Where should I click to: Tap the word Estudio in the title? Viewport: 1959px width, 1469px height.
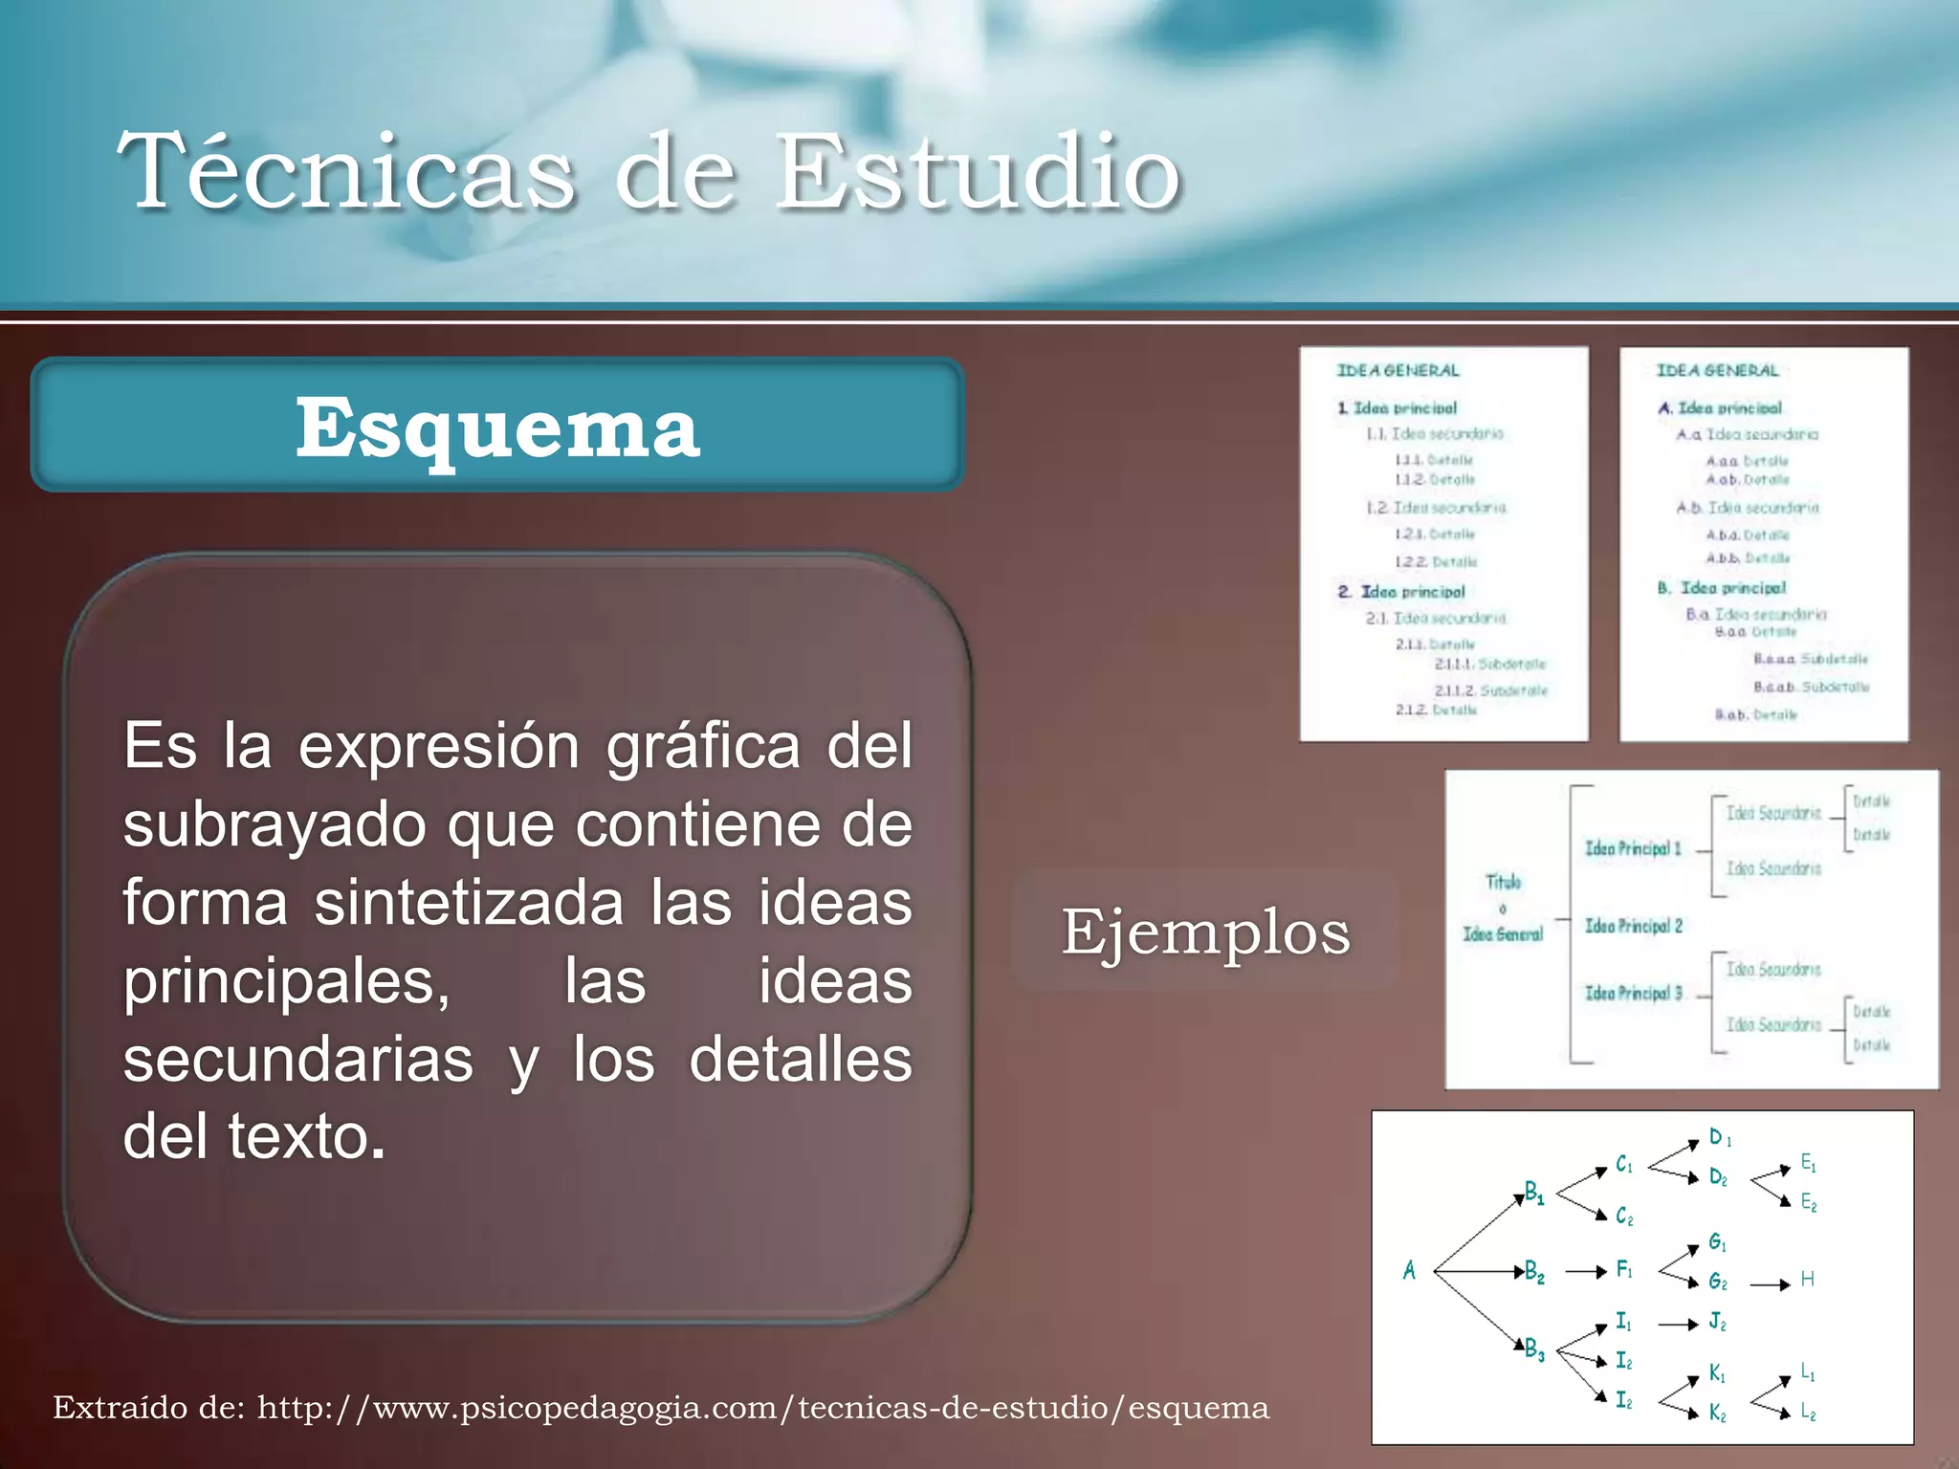click(978, 172)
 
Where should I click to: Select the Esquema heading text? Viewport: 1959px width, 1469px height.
click(497, 428)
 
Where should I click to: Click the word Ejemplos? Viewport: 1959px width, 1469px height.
click(1205, 932)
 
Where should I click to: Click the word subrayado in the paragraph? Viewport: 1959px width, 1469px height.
click(274, 824)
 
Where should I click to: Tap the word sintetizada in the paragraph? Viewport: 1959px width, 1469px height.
click(469, 903)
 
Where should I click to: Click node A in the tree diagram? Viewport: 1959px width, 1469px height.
click(1409, 1270)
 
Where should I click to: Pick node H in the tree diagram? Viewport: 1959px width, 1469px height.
click(1807, 1279)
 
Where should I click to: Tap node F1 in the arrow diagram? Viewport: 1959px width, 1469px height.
click(1624, 1269)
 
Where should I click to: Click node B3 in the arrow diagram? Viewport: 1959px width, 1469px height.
click(1534, 1349)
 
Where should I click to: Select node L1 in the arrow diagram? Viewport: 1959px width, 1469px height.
click(1808, 1372)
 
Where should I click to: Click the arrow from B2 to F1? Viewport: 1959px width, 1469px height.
click(1585, 1272)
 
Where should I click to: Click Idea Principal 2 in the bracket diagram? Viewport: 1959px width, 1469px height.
click(1633, 926)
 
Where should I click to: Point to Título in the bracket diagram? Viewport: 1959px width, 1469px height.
click(1503, 882)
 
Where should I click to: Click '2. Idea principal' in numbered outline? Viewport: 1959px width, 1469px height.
click(1401, 592)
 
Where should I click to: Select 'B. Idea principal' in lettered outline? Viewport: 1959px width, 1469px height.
click(1722, 588)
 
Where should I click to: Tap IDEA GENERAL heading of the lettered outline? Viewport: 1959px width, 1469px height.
click(1717, 370)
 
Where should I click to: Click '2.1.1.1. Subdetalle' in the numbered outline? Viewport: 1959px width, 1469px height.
click(1489, 664)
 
